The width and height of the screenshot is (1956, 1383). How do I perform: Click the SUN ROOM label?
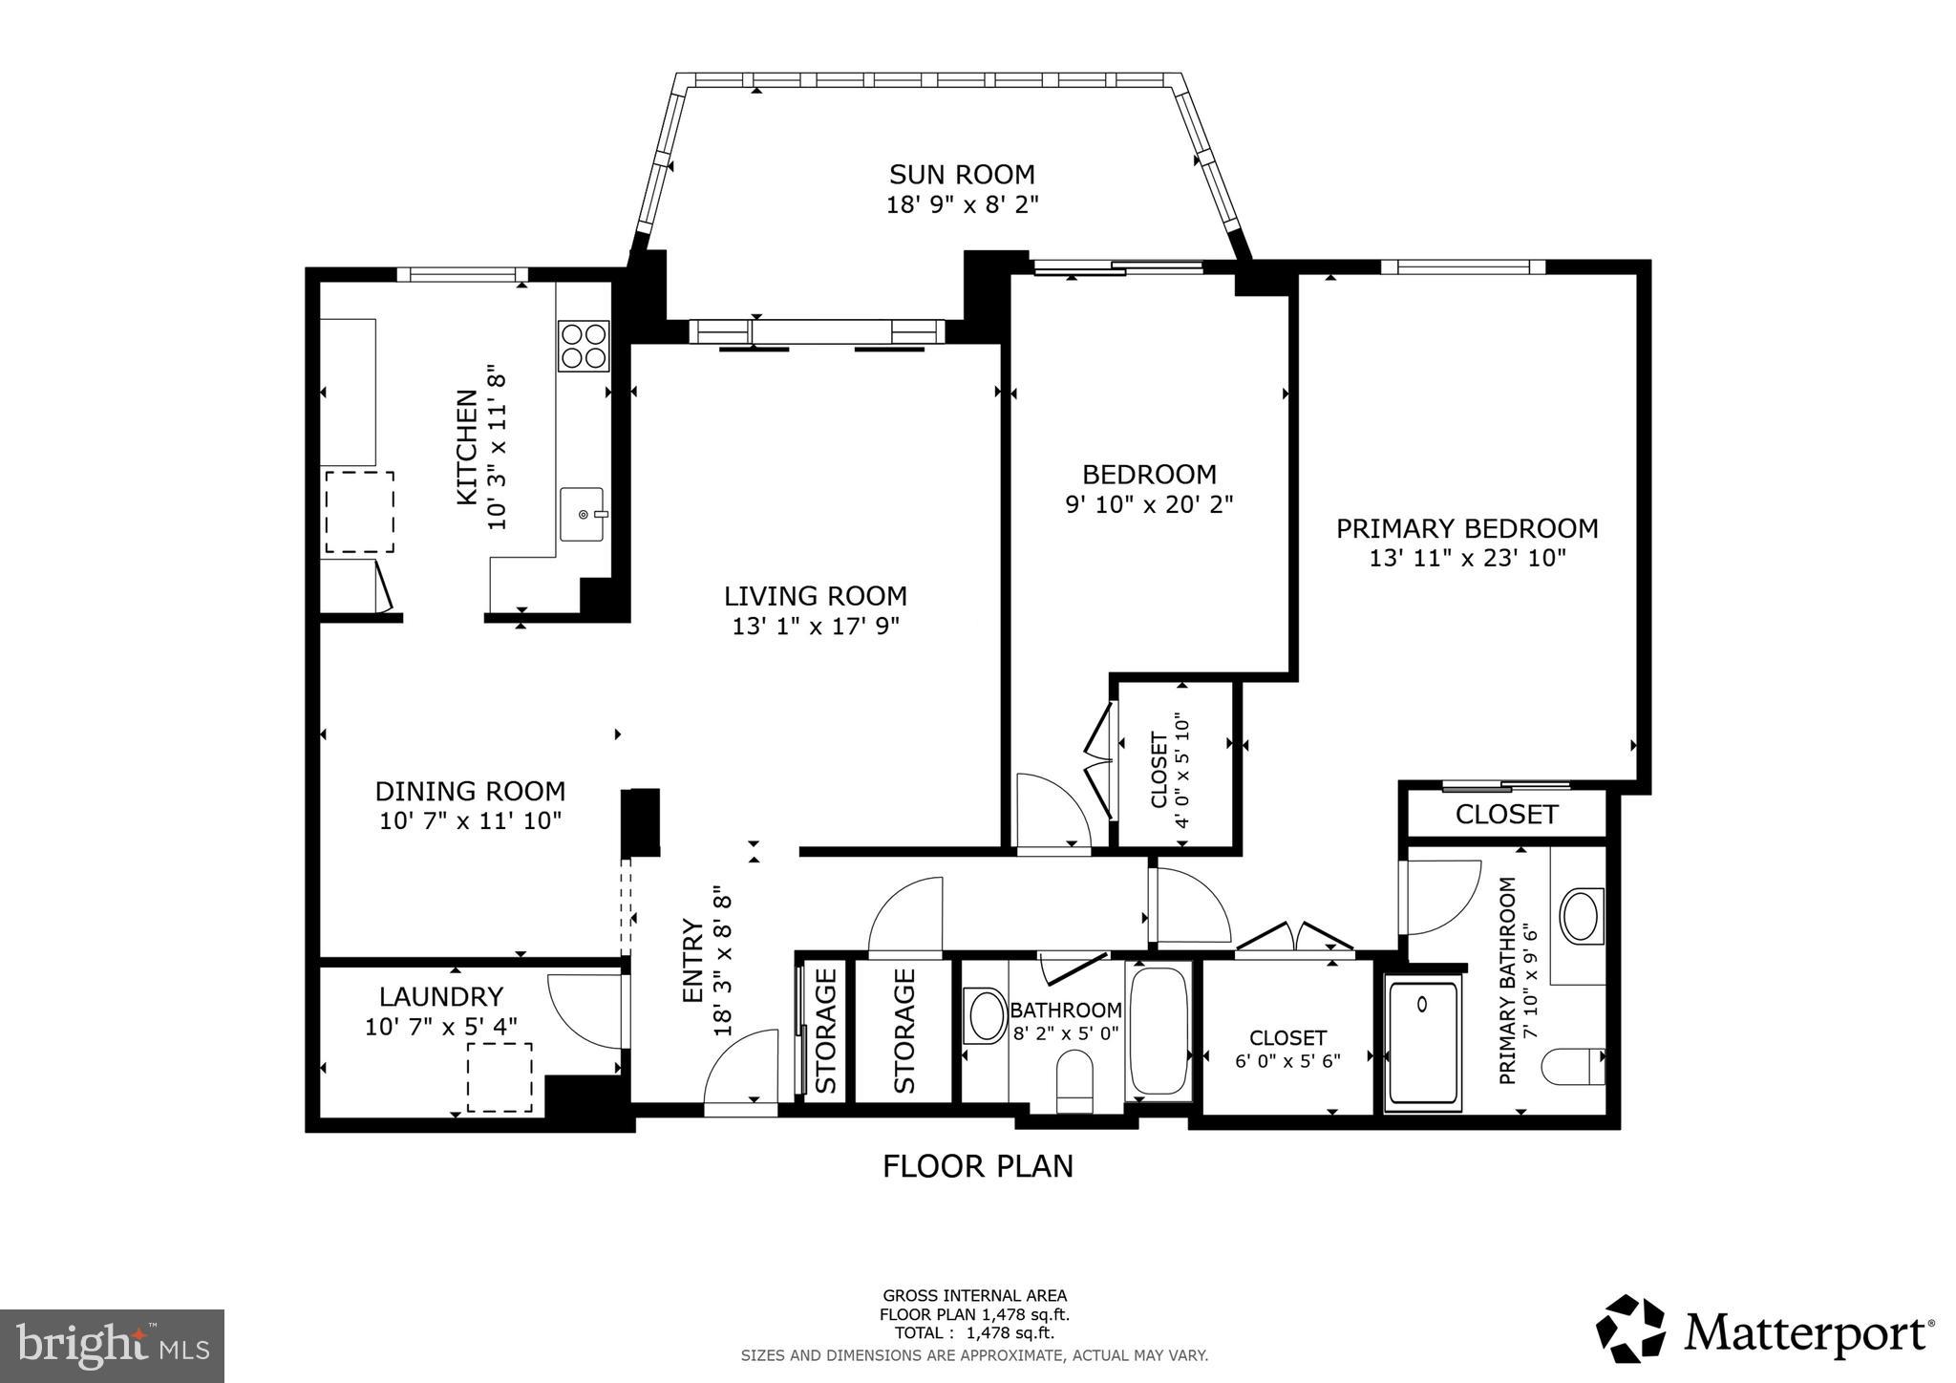click(x=962, y=175)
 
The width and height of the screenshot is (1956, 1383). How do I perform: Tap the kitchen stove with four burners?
click(x=584, y=346)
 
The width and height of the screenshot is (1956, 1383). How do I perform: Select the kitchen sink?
click(x=582, y=514)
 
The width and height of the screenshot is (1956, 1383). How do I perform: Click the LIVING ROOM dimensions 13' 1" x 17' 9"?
click(x=816, y=627)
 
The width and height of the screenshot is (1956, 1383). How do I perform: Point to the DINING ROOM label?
click(x=470, y=791)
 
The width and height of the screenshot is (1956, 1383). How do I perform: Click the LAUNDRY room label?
click(x=440, y=997)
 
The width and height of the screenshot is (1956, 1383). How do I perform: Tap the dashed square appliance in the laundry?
click(x=500, y=1077)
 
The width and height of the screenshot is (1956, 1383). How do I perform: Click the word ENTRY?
click(x=692, y=960)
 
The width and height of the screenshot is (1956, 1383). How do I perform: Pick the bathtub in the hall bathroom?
click(x=1158, y=1032)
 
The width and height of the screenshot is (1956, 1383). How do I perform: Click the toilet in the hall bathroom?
click(x=1075, y=1081)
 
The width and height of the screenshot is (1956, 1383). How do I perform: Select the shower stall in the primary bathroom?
click(x=1423, y=1043)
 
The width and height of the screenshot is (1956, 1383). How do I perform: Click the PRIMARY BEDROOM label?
click(x=1466, y=528)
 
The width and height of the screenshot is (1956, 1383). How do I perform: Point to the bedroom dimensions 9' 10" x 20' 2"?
click(x=1149, y=504)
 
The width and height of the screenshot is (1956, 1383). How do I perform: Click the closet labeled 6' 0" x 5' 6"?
click(x=1287, y=1048)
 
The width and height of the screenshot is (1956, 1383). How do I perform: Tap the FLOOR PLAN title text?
click(x=977, y=1166)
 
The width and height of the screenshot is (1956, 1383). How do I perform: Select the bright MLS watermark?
click(x=112, y=1346)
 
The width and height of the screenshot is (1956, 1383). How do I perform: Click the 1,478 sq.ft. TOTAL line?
click(x=974, y=1333)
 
